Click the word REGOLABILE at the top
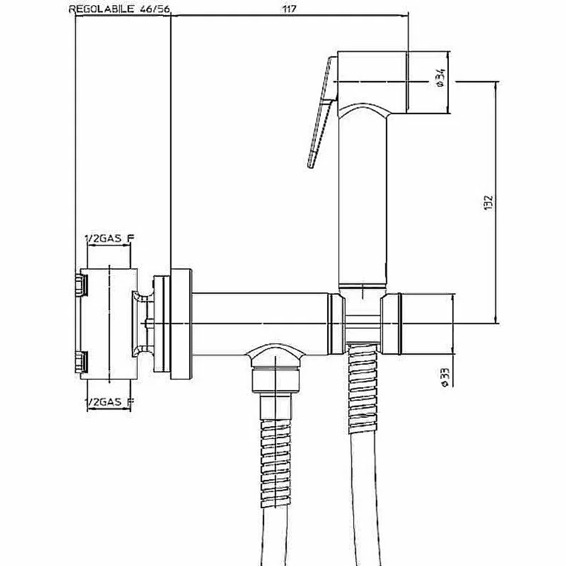click(101, 10)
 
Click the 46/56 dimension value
click(155, 10)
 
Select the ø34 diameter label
click(442, 78)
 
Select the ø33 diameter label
click(445, 378)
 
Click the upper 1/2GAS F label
click(109, 238)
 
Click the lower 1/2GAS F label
click(109, 402)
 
